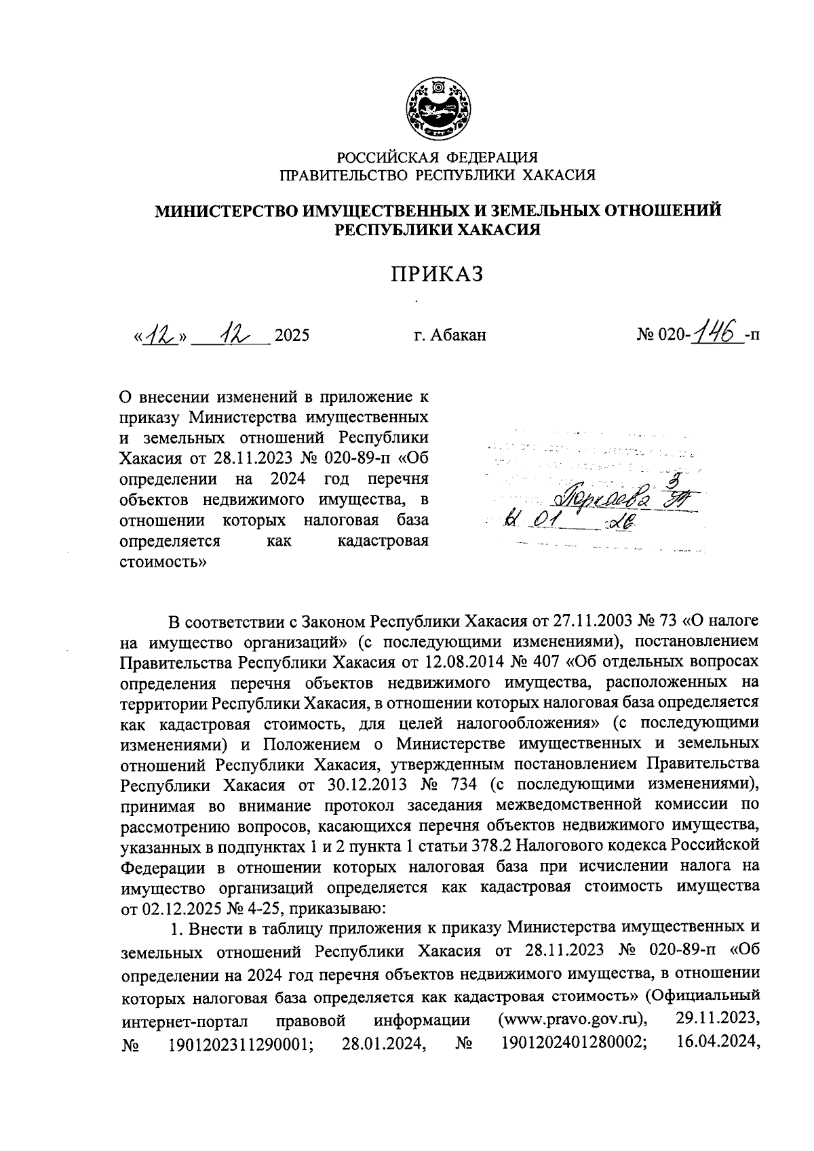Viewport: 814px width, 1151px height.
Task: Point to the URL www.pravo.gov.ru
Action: [572, 1019]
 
